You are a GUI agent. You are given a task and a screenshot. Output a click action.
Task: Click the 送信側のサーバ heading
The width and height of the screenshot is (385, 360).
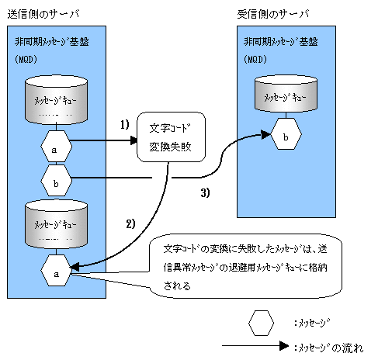click(x=43, y=14)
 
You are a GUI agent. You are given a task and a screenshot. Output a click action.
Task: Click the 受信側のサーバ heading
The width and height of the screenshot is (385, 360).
click(x=273, y=14)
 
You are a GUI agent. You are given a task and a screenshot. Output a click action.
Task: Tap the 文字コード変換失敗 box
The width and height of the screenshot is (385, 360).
click(x=171, y=137)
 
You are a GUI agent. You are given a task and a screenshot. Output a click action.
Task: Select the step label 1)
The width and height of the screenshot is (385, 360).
click(x=125, y=125)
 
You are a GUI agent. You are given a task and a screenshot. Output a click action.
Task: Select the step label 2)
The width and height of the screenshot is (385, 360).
click(x=130, y=223)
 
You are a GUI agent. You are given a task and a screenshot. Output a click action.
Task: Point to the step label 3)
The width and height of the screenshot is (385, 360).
click(x=205, y=192)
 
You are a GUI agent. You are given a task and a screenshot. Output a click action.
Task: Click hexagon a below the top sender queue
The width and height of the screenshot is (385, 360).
click(x=56, y=147)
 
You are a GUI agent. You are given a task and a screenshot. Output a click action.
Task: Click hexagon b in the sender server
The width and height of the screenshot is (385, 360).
click(x=56, y=180)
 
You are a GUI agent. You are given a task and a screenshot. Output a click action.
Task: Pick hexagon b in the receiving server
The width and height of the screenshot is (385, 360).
click(x=286, y=133)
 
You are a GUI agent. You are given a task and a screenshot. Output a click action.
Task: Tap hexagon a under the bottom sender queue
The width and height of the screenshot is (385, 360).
click(x=56, y=270)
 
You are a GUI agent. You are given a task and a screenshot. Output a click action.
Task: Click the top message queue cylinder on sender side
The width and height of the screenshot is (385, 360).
click(x=56, y=99)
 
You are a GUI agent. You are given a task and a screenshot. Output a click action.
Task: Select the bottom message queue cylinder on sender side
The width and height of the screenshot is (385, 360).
click(x=56, y=223)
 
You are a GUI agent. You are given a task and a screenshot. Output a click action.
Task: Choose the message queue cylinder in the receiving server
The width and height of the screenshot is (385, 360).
click(x=286, y=94)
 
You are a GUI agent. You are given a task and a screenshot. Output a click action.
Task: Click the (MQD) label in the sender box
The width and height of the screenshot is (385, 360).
click(x=26, y=60)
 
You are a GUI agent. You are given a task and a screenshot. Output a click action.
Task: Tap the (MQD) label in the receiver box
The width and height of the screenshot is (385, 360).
click(x=255, y=60)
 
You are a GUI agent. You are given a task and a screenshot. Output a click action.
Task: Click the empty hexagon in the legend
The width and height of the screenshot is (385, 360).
click(x=261, y=324)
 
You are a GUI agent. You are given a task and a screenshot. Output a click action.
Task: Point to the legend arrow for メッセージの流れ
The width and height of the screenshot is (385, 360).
click(x=255, y=346)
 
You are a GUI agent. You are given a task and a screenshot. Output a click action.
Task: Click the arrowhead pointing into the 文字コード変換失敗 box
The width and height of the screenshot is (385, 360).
click(x=134, y=140)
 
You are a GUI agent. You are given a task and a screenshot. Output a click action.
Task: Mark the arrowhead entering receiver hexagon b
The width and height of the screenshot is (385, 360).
click(x=265, y=134)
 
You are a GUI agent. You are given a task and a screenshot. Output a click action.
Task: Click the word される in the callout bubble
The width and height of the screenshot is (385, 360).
click(x=177, y=286)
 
